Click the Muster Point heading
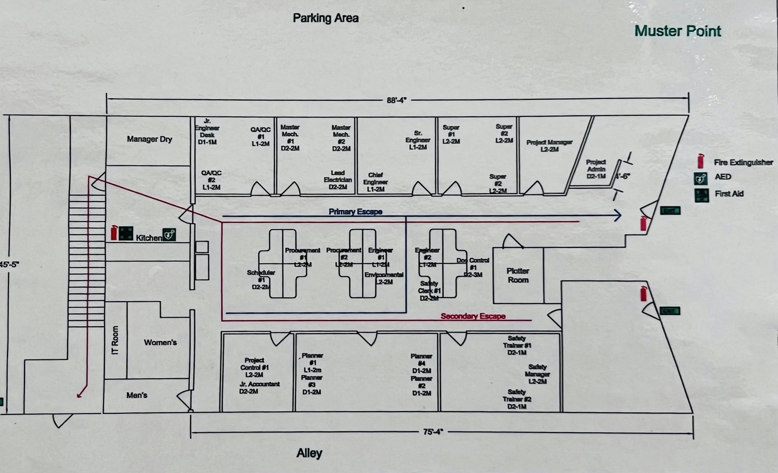(678, 31)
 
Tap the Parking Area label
(326, 18)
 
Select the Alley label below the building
(309, 453)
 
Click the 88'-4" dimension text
(397, 100)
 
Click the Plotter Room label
(518, 275)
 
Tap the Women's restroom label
(160, 343)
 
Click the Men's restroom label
(137, 395)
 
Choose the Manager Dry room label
(149, 139)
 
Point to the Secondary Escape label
(473, 316)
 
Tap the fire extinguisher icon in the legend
(701, 161)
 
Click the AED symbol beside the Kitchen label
(169, 235)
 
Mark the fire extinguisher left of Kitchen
(114, 233)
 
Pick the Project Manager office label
(549, 146)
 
